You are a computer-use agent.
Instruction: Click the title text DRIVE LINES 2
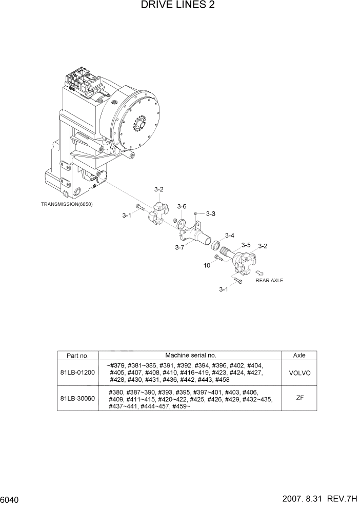click(x=179, y=6)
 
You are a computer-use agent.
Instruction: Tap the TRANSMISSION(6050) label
click(x=67, y=204)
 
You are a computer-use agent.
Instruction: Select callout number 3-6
click(x=182, y=206)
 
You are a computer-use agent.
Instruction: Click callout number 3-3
click(x=210, y=213)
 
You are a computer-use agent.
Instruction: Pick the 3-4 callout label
click(x=229, y=236)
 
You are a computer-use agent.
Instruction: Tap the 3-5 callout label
click(x=245, y=245)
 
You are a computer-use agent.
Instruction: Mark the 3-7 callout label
click(x=179, y=248)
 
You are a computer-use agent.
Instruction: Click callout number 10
click(x=207, y=265)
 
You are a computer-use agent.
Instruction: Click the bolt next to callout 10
click(x=218, y=258)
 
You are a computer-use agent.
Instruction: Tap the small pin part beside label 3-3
click(x=196, y=213)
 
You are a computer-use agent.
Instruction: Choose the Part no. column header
click(x=77, y=355)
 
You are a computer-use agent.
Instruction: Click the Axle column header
click(x=299, y=355)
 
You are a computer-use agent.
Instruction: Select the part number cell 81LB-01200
click(x=77, y=372)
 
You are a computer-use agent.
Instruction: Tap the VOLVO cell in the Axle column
click(x=299, y=373)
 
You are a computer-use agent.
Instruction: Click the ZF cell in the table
click(x=299, y=398)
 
